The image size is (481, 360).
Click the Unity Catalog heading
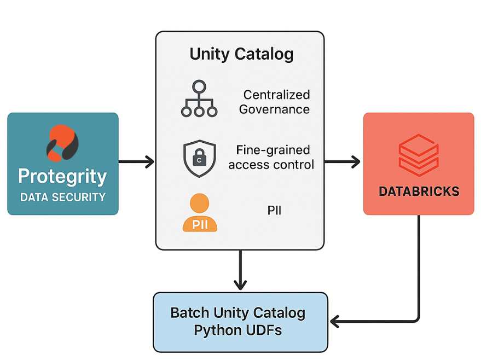(x=241, y=54)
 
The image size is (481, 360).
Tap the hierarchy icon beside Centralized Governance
(x=199, y=98)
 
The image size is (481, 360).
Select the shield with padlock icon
(x=199, y=159)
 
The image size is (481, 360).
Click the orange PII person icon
(x=200, y=212)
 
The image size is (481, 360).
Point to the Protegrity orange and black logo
(x=62, y=143)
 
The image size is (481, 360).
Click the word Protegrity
(x=62, y=176)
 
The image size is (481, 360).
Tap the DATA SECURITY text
(x=63, y=197)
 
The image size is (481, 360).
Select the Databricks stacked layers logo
(x=419, y=155)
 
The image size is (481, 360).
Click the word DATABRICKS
(x=419, y=191)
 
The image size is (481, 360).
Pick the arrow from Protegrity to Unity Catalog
(x=136, y=161)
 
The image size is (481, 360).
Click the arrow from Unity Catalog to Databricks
(x=343, y=161)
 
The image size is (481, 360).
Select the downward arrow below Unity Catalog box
(x=240, y=270)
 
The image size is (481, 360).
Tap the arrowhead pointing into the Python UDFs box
(x=334, y=321)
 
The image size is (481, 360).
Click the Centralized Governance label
(x=275, y=102)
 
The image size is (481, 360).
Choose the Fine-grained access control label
(x=271, y=158)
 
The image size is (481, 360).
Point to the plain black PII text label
(x=274, y=210)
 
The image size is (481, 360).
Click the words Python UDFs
(x=237, y=330)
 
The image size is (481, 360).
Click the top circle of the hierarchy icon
(x=199, y=86)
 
